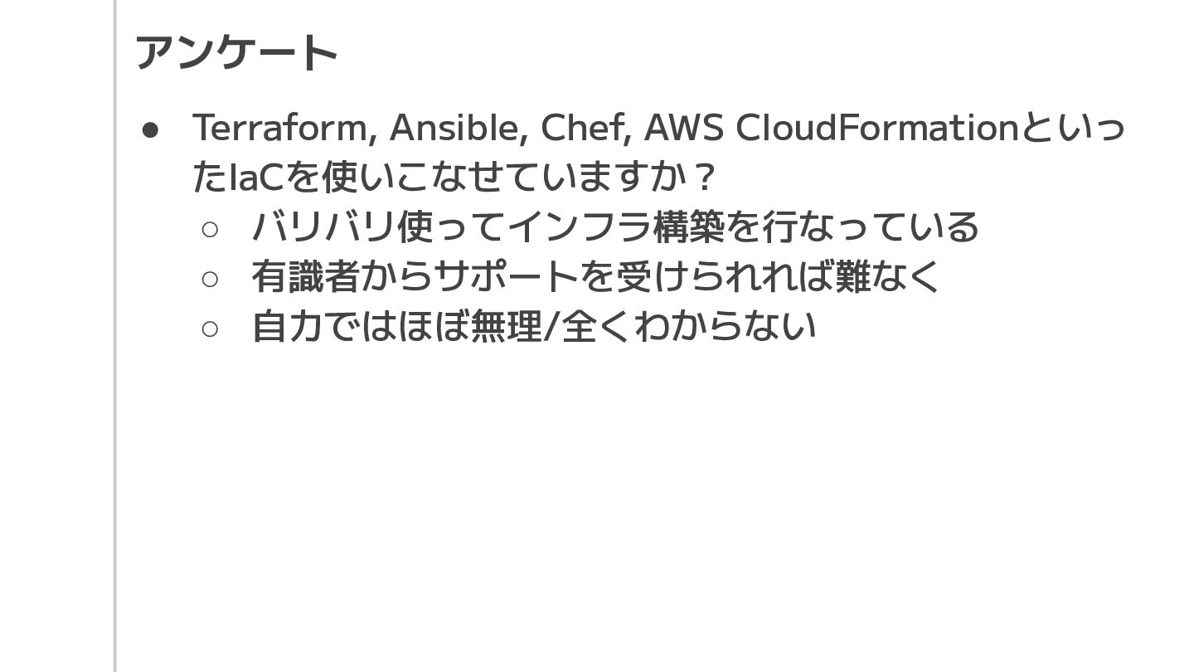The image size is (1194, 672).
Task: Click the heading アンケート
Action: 236,52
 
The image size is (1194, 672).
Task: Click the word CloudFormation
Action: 876,128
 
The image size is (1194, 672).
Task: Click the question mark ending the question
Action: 704,177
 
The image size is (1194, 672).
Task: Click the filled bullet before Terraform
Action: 150,129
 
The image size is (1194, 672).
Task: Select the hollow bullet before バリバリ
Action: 210,229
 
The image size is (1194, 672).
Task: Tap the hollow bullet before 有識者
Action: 210,279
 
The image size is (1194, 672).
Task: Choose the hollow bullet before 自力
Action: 210,329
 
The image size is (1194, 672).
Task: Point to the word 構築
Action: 689,226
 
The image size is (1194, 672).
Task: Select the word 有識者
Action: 305,276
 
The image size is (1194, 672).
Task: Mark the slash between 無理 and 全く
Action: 551,326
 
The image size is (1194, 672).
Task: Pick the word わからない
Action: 726,326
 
